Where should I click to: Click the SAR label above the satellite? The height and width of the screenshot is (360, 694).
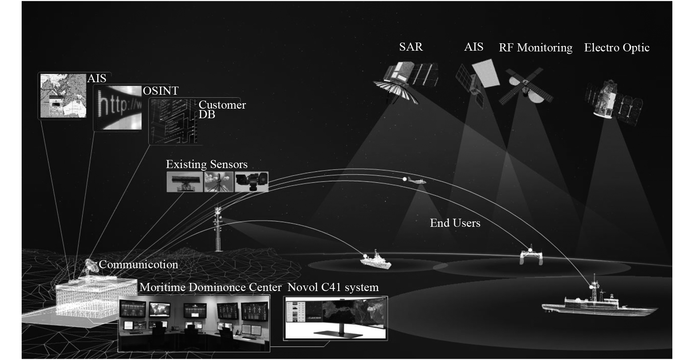[411, 47]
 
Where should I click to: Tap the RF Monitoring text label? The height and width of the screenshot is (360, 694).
[535, 48]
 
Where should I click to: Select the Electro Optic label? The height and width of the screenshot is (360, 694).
[617, 48]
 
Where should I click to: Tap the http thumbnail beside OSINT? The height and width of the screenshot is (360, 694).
[118, 107]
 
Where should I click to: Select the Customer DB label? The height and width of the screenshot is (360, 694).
[221, 109]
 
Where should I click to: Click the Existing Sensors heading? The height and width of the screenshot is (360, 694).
[206, 164]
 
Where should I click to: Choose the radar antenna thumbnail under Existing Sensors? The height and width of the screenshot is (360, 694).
[184, 182]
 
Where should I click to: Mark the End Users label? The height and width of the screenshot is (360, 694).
[455, 223]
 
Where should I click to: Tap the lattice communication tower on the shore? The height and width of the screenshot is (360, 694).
[218, 229]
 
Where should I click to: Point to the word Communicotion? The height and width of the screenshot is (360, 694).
[138, 265]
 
